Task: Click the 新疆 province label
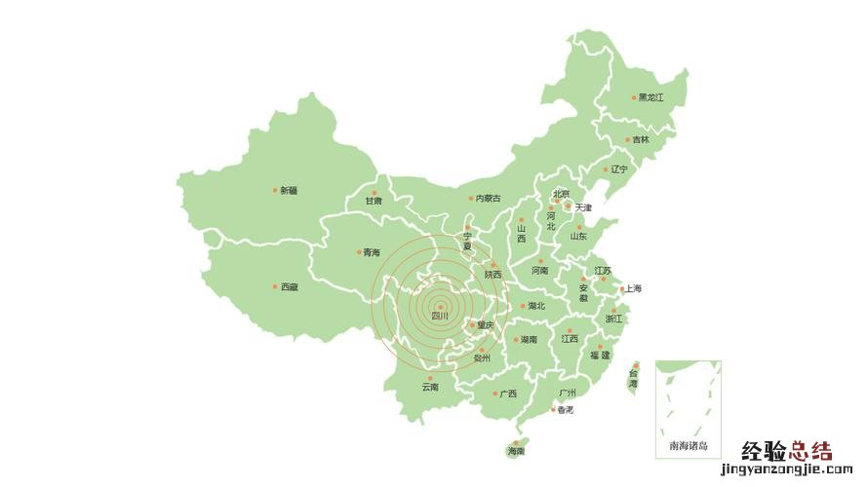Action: tap(290, 191)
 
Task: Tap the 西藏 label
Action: tap(290, 287)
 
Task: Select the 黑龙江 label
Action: tap(650, 97)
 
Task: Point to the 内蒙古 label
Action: tap(488, 199)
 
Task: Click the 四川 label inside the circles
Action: tap(440, 316)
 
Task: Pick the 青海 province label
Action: tap(372, 252)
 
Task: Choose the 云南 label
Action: tap(430, 387)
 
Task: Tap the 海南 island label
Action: tap(516, 451)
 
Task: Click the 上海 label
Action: tap(634, 288)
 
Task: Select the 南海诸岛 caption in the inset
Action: tap(689, 446)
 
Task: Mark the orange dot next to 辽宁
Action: tap(606, 169)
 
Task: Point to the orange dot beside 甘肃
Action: tap(374, 192)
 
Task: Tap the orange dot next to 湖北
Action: tap(522, 306)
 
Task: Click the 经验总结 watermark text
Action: tap(787, 451)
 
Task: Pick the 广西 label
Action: tap(508, 394)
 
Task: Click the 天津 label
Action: tap(583, 207)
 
